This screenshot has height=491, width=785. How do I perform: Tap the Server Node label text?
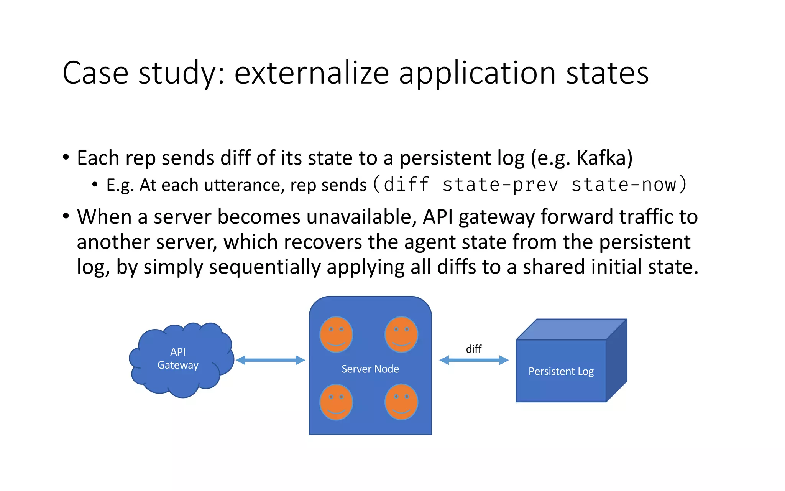(370, 369)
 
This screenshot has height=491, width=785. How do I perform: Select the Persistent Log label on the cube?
(561, 371)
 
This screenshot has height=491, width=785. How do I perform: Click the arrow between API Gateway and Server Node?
(270, 360)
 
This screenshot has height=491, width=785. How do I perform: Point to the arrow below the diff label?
(474, 360)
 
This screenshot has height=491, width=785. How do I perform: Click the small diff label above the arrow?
(474, 349)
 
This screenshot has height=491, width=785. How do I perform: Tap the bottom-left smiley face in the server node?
(336, 402)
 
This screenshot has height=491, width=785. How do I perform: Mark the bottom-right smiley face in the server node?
(401, 402)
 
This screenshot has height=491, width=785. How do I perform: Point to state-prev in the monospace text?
(500, 185)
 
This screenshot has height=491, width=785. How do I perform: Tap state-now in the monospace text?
(624, 185)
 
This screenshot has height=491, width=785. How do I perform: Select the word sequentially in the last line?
(264, 267)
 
